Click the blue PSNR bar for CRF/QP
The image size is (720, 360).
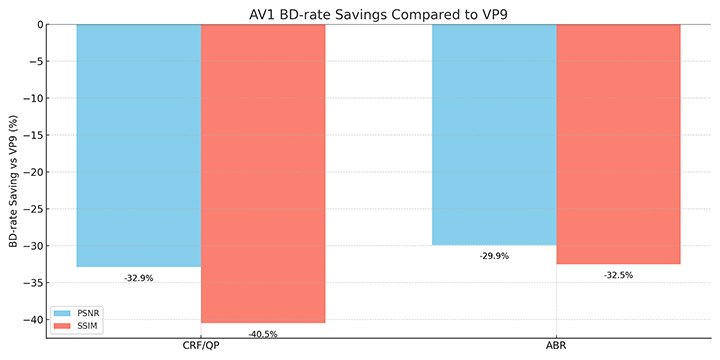click(138, 145)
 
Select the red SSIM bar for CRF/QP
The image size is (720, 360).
click(263, 173)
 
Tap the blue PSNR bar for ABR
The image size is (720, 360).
click(494, 134)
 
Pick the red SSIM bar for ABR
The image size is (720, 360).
click(618, 144)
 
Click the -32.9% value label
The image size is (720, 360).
click(138, 278)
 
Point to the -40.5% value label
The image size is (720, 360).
click(263, 334)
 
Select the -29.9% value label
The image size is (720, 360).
click(494, 256)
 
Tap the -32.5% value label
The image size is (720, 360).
click(618, 275)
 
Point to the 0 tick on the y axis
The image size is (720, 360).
click(36, 25)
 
